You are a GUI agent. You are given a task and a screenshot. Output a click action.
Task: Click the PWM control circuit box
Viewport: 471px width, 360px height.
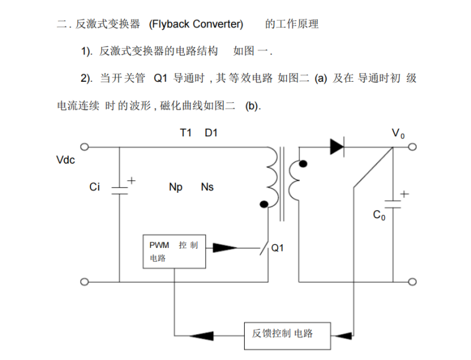(174, 252)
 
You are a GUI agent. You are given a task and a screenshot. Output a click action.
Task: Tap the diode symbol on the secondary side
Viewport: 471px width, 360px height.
(338, 147)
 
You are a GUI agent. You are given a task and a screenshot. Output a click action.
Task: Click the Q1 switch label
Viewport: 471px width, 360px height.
(278, 248)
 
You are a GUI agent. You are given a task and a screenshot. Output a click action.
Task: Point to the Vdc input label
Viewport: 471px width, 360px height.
(65, 160)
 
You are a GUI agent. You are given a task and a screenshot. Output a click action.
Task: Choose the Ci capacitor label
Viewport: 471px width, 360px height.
(94, 187)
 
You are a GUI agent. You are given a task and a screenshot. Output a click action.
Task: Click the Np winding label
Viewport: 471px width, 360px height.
(175, 187)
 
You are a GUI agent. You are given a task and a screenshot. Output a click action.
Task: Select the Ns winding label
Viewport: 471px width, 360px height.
(207, 187)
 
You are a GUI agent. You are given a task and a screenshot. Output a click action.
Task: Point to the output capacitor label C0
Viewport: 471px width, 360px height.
(379, 216)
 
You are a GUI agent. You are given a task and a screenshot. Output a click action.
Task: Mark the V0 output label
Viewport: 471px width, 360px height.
(398, 133)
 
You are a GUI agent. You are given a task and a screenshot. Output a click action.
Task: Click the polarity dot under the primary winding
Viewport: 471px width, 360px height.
(263, 204)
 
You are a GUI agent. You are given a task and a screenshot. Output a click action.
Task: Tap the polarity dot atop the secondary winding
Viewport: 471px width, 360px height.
(302, 164)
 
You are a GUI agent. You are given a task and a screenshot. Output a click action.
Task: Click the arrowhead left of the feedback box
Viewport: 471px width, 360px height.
(200, 336)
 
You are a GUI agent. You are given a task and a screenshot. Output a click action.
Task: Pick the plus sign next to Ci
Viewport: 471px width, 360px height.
(131, 182)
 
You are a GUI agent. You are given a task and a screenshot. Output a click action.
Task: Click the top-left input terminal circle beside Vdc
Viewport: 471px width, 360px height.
(84, 147)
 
